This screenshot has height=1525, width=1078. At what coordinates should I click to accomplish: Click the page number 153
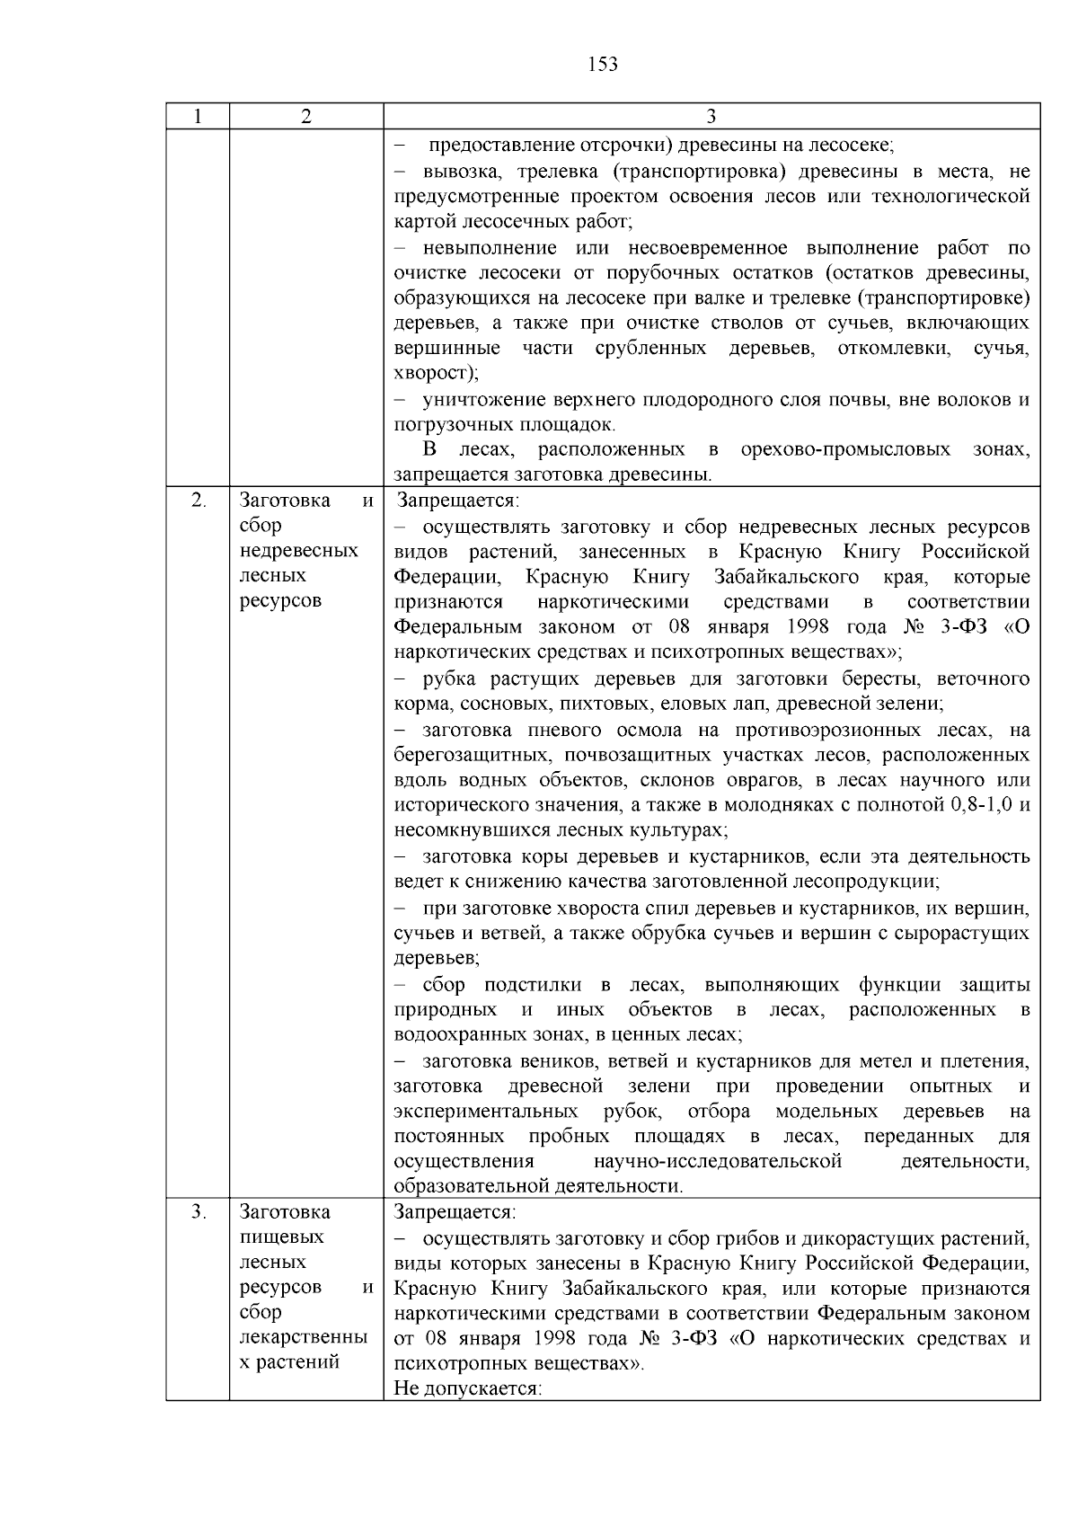pos(603,65)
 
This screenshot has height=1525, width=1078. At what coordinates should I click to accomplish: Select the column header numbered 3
pos(711,117)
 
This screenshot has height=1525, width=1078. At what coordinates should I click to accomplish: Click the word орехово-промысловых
pos(845,449)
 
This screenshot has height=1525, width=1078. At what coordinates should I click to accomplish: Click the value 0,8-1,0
pos(981,805)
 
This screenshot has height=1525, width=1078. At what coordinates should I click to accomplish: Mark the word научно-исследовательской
pos(718,1161)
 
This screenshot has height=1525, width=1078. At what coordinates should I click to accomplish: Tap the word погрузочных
pos(448,424)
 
